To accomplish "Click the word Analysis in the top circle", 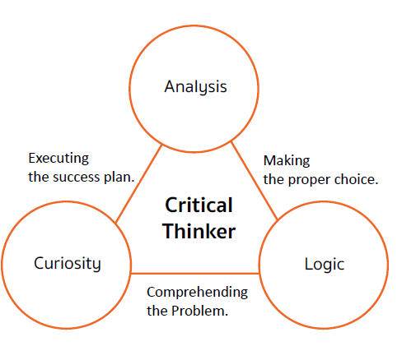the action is click(x=195, y=87).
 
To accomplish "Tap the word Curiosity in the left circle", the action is click(x=68, y=264).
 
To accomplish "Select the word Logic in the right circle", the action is click(x=325, y=265).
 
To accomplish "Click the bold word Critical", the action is click(x=199, y=205).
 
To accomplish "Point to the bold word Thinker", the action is click(x=199, y=231).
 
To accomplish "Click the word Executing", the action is click(x=58, y=159).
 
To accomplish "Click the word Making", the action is click(x=287, y=161).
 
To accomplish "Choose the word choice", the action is click(x=356, y=180).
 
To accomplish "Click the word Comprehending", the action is click(x=197, y=293).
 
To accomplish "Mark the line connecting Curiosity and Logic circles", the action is click(x=195, y=273).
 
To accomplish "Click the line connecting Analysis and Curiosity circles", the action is click(x=139, y=183).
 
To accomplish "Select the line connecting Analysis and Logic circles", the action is click(x=255, y=181).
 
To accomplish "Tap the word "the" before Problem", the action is click(x=157, y=311).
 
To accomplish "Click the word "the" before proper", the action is click(x=274, y=180).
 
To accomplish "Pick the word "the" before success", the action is click(x=39, y=177).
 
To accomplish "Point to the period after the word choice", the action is click(x=376, y=184).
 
